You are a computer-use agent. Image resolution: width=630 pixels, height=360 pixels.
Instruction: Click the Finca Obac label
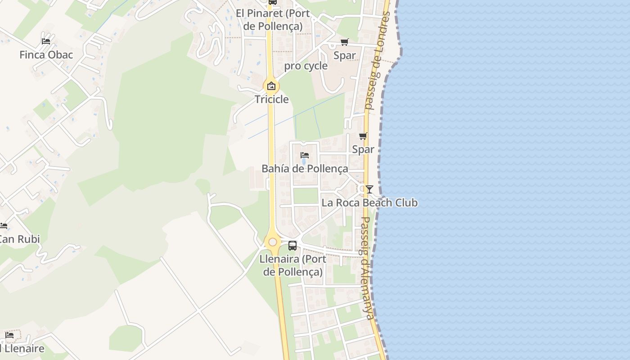[46, 55]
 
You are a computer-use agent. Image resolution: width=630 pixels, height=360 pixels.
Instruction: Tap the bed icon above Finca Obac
[46, 41]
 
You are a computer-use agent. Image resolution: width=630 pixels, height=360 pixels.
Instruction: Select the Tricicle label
[272, 99]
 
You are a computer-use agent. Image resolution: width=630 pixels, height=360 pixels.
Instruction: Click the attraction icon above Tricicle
[271, 86]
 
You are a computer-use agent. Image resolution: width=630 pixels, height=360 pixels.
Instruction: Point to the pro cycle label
[306, 66]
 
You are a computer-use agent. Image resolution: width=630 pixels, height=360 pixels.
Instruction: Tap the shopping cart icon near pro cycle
[345, 42]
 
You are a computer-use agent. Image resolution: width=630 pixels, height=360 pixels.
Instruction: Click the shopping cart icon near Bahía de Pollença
[363, 136]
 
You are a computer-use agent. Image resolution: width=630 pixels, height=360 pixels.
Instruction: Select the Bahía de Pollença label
[305, 169]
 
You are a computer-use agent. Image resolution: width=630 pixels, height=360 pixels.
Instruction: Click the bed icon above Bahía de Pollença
[305, 155]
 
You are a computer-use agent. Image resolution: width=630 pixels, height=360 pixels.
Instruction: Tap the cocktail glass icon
[369, 189]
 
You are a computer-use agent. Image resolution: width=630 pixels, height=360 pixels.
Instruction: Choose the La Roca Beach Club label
[369, 203]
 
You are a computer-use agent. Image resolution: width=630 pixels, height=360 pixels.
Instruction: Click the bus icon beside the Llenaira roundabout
[292, 246]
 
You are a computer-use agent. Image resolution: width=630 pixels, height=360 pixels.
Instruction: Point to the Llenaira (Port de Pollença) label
[293, 265]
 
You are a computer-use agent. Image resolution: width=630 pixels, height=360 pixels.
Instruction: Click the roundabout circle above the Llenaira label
[273, 242]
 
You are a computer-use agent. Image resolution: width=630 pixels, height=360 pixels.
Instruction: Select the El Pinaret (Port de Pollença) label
[273, 20]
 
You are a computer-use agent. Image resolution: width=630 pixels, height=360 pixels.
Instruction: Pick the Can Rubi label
[19, 239]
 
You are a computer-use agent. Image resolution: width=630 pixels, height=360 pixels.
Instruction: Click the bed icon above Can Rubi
[4, 225]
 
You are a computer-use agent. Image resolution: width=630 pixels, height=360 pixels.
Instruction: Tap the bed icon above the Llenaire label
[9, 335]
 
